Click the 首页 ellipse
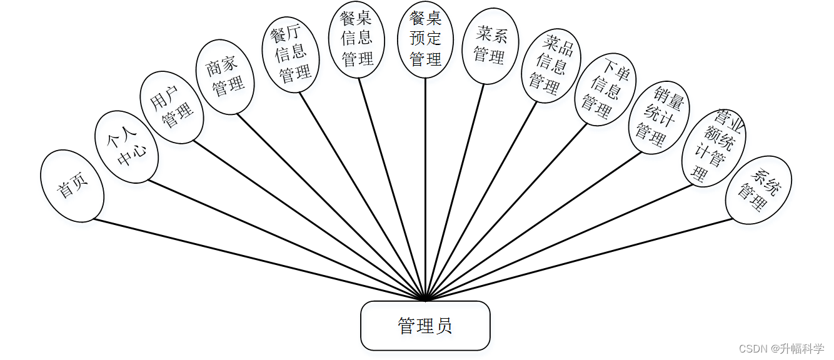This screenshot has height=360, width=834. pyautogui.click(x=72, y=186)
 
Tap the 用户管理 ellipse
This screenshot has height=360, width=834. pyautogui.click(x=171, y=107)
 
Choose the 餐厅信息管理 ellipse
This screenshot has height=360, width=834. pyautogui.click(x=289, y=54)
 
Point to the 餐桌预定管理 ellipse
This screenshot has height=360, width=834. pyautogui.click(x=426, y=39)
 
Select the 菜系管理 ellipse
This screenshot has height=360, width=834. pyautogui.click(x=490, y=47)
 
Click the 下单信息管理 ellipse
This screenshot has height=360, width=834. pyautogui.click(x=605, y=89)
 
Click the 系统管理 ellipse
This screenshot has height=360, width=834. pyautogui.click(x=758, y=190)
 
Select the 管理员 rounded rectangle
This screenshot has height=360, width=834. pyautogui.click(x=425, y=326)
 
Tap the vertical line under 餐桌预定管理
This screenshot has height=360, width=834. pyautogui.click(x=426, y=187)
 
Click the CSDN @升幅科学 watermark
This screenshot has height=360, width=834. pyautogui.click(x=781, y=348)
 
